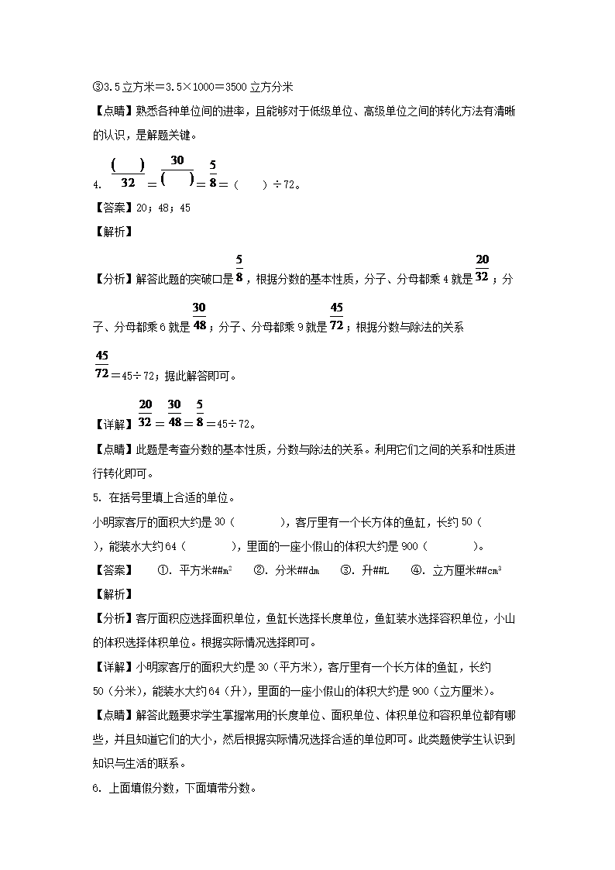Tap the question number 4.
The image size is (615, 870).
[95, 185]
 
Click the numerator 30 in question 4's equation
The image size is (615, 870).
[177, 160]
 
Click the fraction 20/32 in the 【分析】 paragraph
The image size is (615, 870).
[482, 268]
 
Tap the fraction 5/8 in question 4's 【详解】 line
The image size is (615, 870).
[199, 413]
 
